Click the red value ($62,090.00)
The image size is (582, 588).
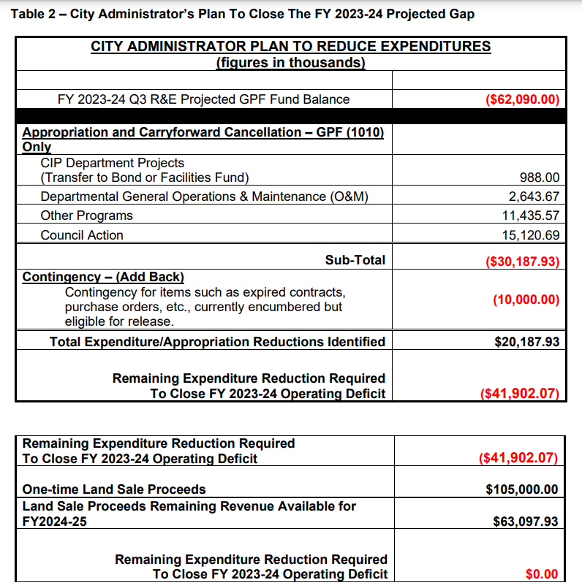click(522, 99)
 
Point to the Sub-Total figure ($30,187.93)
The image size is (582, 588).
click(522, 261)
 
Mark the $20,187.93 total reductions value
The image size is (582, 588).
click(526, 342)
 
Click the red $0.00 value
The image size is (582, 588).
click(542, 575)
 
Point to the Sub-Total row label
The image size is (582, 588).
click(355, 260)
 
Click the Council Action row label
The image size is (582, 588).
click(82, 235)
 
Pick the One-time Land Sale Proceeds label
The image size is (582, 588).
click(114, 489)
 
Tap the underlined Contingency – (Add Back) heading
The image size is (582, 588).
click(103, 278)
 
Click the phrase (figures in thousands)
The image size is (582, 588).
click(290, 63)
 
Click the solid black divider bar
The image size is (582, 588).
click(290, 115)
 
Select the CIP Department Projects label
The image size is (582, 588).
click(113, 163)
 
